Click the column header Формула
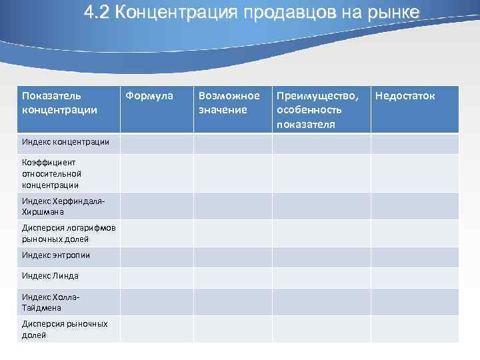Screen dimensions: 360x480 pyautogui.click(x=149, y=96)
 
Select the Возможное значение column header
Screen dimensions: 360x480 pyautogui.click(x=229, y=102)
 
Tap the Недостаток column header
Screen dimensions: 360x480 pyautogui.click(x=405, y=96)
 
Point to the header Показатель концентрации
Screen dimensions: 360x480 pyautogui.click(x=59, y=102)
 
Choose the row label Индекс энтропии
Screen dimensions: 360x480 pyautogui.click(x=55, y=255)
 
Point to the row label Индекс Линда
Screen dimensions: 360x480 pyautogui.click(x=50, y=276)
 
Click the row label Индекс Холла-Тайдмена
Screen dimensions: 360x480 pyautogui.click(x=51, y=302)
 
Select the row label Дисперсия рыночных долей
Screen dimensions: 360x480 pyautogui.click(x=64, y=329)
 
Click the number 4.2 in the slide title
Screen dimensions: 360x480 pyautogui.click(x=97, y=13)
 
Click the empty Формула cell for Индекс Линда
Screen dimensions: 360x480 pyautogui.click(x=157, y=277)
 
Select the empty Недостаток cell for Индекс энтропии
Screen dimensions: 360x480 pyautogui.click(x=415, y=257)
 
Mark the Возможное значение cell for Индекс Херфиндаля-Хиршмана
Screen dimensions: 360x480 pyautogui.click(x=233, y=207)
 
